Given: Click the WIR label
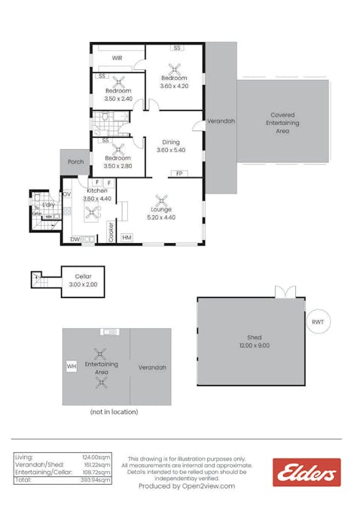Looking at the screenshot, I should [x=117, y=58].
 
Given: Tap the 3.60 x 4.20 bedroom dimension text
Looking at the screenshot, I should [x=175, y=86].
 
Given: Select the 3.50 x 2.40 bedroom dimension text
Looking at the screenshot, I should [x=118, y=99].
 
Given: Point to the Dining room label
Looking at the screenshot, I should [x=170, y=141].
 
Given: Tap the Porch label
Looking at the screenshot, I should [x=75, y=162].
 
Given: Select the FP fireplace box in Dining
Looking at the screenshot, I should [x=178, y=174].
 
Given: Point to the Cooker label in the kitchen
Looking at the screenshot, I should [x=111, y=231].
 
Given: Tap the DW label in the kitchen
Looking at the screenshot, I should [x=74, y=239].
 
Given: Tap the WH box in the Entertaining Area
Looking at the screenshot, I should [x=72, y=366].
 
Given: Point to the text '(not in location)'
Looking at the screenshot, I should [x=114, y=412].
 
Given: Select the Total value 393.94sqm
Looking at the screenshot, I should [x=97, y=479].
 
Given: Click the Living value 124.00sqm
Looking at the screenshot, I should [x=98, y=457].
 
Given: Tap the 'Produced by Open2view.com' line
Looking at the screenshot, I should [x=186, y=486].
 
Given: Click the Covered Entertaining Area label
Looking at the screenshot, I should [x=283, y=123].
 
